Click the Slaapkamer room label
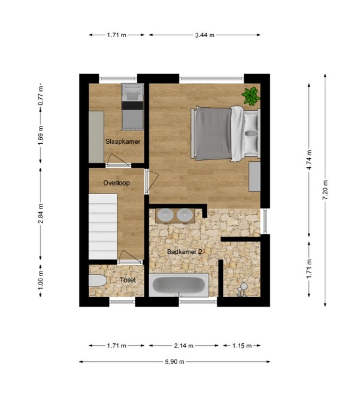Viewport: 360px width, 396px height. pos(123,141)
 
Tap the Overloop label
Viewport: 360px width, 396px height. pos(116,183)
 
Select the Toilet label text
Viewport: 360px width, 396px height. pos(128,280)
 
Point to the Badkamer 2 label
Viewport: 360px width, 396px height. pos(184,252)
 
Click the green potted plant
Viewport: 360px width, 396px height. pos(251,96)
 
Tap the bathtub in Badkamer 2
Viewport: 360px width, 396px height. pos(179,285)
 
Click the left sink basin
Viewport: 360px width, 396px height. pos(165,215)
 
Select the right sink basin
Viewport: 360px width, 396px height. pos(185,215)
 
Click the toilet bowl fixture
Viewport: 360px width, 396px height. pos(98,280)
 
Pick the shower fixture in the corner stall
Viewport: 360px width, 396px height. pos(242,289)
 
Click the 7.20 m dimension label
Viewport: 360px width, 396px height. pos(325,190)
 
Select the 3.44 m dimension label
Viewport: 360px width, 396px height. pos(204,35)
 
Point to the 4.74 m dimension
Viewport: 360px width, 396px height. pos(309,159)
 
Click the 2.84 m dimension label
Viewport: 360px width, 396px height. pos(40,214)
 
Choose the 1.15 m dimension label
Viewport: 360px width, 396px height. pos(242,346)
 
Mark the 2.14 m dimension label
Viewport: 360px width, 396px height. pos(183,346)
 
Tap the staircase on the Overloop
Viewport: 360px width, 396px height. pos(103,226)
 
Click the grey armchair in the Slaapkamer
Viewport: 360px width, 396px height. pos(132,93)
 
